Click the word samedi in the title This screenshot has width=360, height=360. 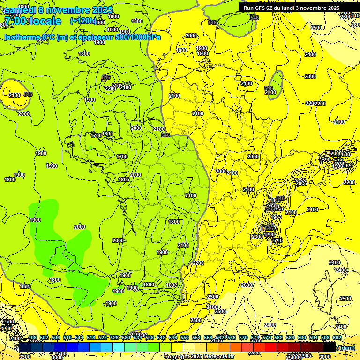click(x=22, y=10)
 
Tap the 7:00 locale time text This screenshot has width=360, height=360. click(x=32, y=21)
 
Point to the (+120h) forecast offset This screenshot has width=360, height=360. click(x=83, y=21)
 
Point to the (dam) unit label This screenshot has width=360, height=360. click(x=347, y=348)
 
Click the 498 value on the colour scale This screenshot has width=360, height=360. click(x=32, y=337)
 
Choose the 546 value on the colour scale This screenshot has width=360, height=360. click(x=173, y=337)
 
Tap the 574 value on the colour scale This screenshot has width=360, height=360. click(x=255, y=337)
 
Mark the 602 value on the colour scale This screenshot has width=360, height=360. click(x=337, y=337)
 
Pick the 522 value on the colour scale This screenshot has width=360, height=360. click(x=103, y=337)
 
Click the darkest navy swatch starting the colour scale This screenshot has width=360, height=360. click(x=25, y=347)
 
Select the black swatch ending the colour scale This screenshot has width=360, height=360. click(x=330, y=347)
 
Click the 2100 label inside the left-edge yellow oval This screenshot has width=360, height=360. click(x=15, y=95)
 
